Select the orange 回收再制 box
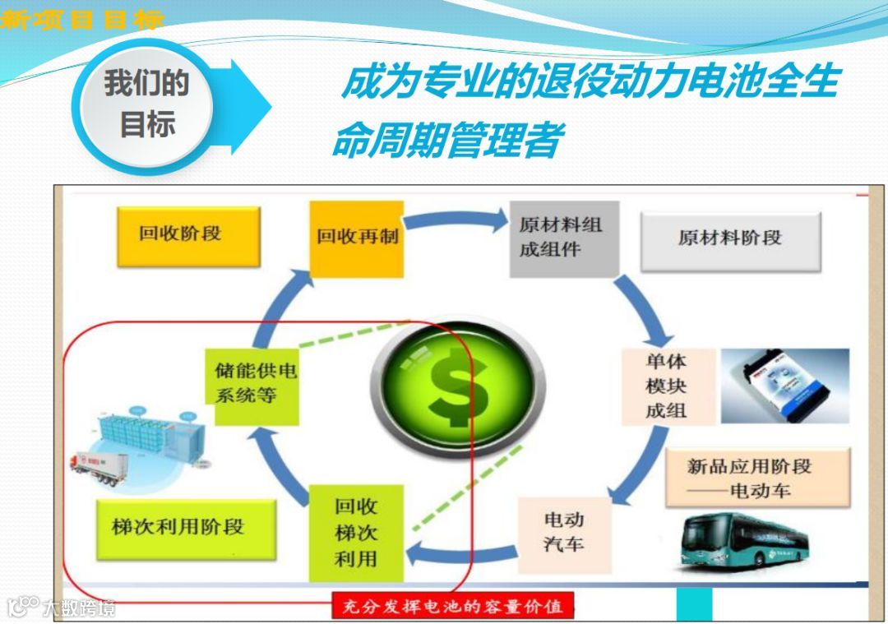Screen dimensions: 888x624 pos(357,238)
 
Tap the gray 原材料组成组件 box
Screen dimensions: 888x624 pos(563,237)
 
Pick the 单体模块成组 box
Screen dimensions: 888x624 pos(667,386)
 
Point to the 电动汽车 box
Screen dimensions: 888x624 pos(564,532)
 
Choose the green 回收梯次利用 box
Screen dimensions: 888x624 pos(356,533)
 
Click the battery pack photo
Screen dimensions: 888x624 pos(784,386)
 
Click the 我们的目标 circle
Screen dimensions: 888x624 pos(146,104)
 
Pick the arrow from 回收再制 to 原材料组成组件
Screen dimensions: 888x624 pos(456,220)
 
